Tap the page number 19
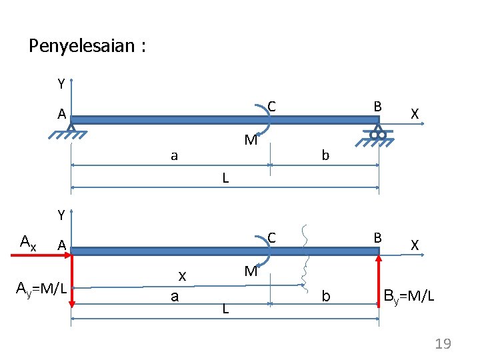[x=443, y=344]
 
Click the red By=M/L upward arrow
[x=379, y=280]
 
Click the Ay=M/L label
[x=41, y=289]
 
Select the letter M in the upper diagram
[x=251, y=141]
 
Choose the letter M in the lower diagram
[x=251, y=271]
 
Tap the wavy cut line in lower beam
[x=307, y=260]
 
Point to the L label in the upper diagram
[x=226, y=178]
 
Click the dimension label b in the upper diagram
[x=325, y=155]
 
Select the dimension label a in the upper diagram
[x=174, y=156]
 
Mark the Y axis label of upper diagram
[x=61, y=84]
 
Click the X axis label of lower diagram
[x=415, y=245]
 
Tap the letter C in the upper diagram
[x=272, y=106]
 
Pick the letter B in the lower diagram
[x=377, y=237]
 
